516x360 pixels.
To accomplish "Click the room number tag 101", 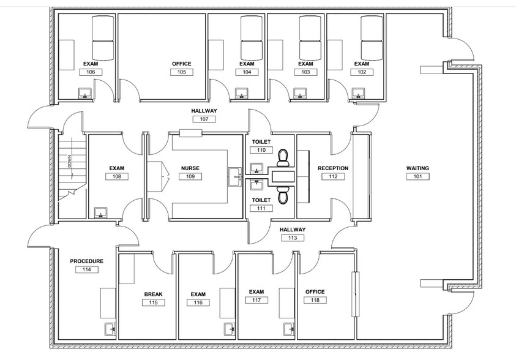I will tap(418, 177).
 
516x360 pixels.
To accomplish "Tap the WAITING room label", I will tap(418, 168).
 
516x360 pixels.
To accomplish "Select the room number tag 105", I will tap(182, 72).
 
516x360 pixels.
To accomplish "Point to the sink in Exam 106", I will tap(84, 93).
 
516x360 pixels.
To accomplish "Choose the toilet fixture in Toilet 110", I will tap(283, 157).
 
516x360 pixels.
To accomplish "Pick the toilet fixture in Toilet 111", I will tap(283, 195).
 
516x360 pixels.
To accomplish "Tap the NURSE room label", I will tap(190, 168).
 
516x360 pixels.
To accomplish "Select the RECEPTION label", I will tap(333, 168).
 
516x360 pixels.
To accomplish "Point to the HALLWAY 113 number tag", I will tap(292, 238).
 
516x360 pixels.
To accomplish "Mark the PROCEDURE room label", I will tap(86, 261).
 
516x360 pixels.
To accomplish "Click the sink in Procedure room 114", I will tap(110, 329).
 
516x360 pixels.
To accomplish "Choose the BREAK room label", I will tap(153, 294).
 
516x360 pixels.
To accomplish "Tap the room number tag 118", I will tap(315, 300).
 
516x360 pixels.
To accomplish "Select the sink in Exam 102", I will tap(356, 93).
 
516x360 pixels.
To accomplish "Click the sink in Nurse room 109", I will tap(235, 176).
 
